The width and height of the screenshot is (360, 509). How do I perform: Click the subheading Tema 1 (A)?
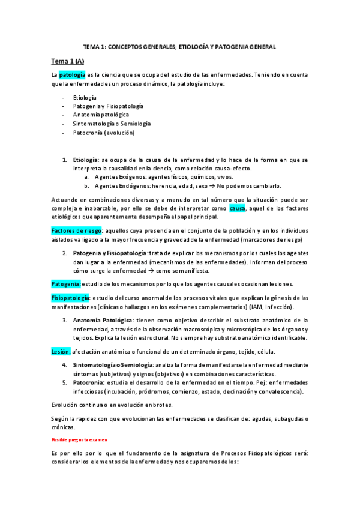click(x=68, y=61)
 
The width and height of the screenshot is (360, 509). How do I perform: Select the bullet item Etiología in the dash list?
click(x=85, y=97)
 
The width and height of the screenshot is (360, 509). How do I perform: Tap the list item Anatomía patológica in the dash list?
click(x=101, y=115)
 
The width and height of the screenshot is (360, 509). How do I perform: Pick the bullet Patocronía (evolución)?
click(x=104, y=133)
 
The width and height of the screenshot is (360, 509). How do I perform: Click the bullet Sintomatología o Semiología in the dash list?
click(x=112, y=124)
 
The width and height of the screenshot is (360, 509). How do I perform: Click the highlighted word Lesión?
click(x=61, y=351)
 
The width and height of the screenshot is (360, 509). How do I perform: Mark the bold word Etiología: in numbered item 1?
click(x=86, y=160)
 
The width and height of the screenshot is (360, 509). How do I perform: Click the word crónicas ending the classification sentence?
click(x=64, y=427)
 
